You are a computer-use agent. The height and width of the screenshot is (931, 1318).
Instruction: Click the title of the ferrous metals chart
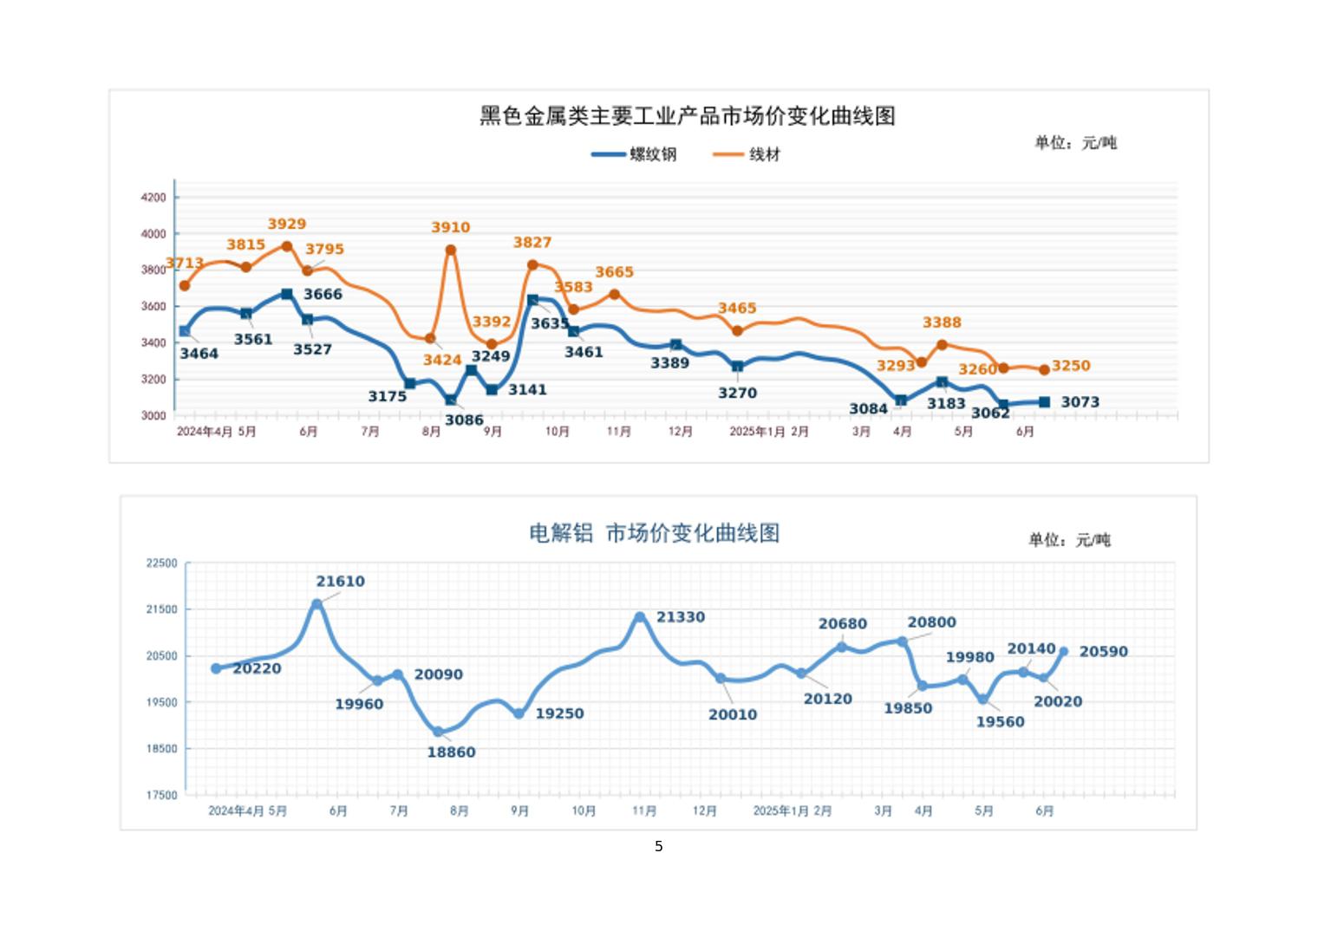(x=687, y=116)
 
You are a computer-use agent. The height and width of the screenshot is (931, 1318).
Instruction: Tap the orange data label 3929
(x=286, y=224)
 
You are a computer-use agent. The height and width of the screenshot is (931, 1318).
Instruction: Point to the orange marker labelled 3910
(x=451, y=251)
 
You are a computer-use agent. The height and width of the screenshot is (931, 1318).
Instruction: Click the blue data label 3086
(x=464, y=420)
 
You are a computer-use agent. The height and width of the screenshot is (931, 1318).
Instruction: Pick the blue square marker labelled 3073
(x=1045, y=402)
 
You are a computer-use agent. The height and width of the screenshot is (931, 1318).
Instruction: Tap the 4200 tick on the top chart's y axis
(x=153, y=198)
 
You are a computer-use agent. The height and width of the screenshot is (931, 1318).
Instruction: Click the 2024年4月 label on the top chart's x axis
(x=205, y=432)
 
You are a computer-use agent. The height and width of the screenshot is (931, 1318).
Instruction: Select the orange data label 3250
(x=1071, y=366)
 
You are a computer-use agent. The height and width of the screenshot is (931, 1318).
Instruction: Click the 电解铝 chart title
(x=654, y=532)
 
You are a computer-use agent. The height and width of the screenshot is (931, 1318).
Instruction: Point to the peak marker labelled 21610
(x=317, y=604)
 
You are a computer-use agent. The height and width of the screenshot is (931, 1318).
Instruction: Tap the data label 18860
(x=451, y=752)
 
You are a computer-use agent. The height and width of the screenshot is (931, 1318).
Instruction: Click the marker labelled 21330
(x=640, y=617)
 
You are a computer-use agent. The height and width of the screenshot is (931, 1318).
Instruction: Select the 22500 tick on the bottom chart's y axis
(x=161, y=563)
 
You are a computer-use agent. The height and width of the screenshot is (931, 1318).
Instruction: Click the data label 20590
(x=1103, y=652)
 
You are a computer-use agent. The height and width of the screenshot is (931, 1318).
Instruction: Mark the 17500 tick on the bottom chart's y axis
(x=161, y=795)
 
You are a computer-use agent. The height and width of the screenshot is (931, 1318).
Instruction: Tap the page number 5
(x=659, y=846)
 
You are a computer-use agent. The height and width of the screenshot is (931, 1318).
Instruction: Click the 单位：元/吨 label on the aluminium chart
(x=1069, y=540)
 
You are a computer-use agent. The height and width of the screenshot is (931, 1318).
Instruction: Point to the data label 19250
(x=559, y=713)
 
